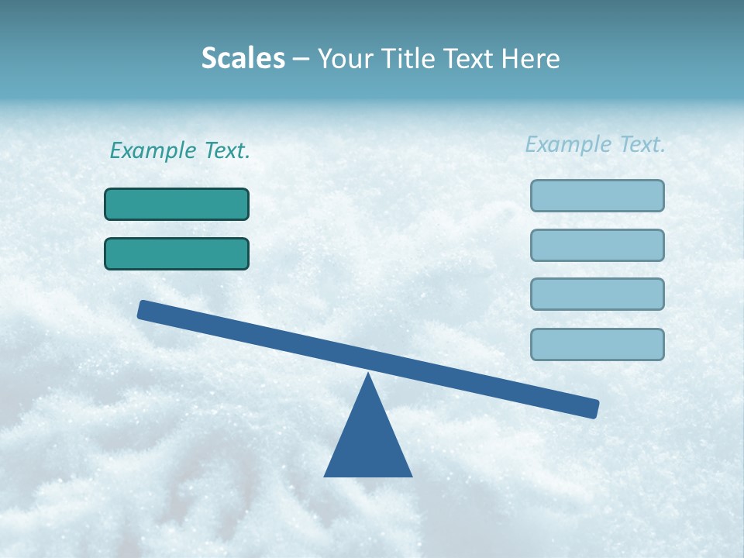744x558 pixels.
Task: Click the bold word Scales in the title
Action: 243,58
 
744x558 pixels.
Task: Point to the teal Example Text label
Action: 180,150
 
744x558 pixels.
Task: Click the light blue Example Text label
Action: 595,144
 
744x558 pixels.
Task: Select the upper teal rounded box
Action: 177,204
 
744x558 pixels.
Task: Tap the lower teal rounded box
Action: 177,253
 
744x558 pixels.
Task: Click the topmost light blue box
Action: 597,195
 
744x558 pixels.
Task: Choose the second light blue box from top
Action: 597,245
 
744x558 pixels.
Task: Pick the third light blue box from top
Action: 597,294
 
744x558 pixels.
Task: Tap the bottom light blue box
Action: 597,344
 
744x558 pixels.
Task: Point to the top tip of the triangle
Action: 368,375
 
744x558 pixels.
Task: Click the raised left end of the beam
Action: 144,310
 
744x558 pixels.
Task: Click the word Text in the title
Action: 467,58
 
